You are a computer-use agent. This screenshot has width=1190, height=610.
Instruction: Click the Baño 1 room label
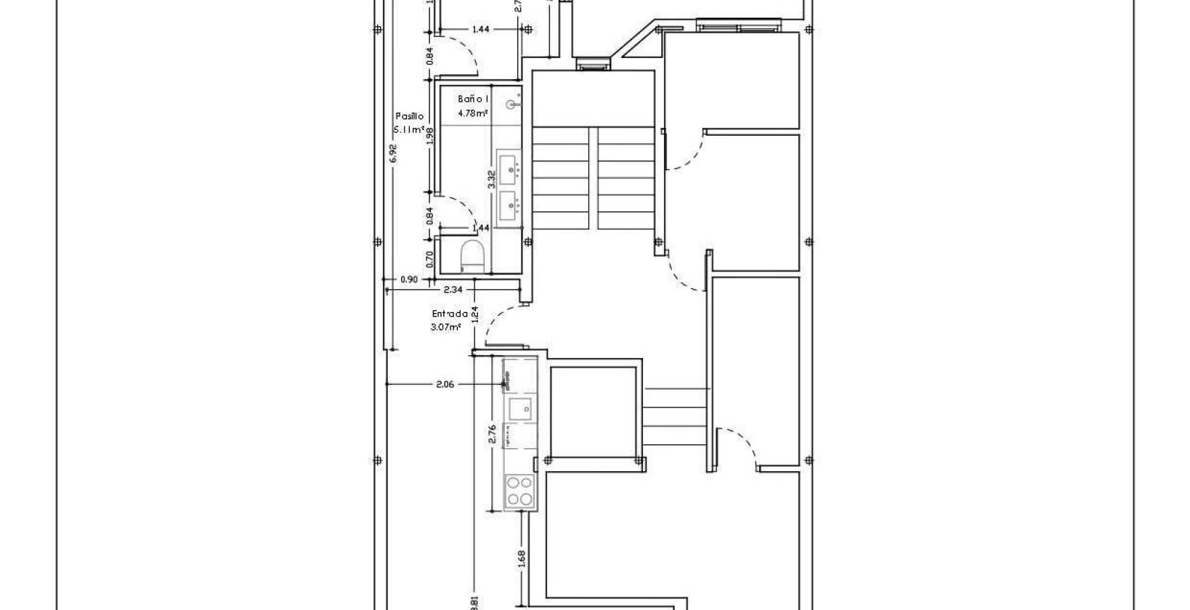point(473,99)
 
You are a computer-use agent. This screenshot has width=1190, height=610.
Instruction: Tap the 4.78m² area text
point(472,113)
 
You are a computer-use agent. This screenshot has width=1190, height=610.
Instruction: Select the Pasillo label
point(409,116)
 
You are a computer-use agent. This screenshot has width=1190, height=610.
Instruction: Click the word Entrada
point(450,314)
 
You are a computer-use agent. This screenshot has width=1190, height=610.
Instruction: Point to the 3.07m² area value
point(445,328)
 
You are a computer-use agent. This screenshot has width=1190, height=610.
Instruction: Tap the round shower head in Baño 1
point(514,105)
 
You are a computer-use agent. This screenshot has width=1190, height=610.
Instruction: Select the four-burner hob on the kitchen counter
point(519,490)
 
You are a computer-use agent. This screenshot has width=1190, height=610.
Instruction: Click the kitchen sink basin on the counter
point(519,410)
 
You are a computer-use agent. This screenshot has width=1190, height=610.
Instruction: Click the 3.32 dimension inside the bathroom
point(492,179)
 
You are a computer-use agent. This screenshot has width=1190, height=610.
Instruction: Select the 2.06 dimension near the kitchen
point(445,385)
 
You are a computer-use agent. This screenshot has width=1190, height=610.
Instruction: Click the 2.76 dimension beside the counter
point(492,434)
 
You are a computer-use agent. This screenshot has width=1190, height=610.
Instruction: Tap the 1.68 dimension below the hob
point(522,558)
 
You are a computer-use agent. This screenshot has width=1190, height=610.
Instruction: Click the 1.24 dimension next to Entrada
point(474,314)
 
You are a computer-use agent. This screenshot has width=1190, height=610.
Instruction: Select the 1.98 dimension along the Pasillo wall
point(429,137)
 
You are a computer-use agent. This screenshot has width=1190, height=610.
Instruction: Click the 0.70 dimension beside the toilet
point(429,259)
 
